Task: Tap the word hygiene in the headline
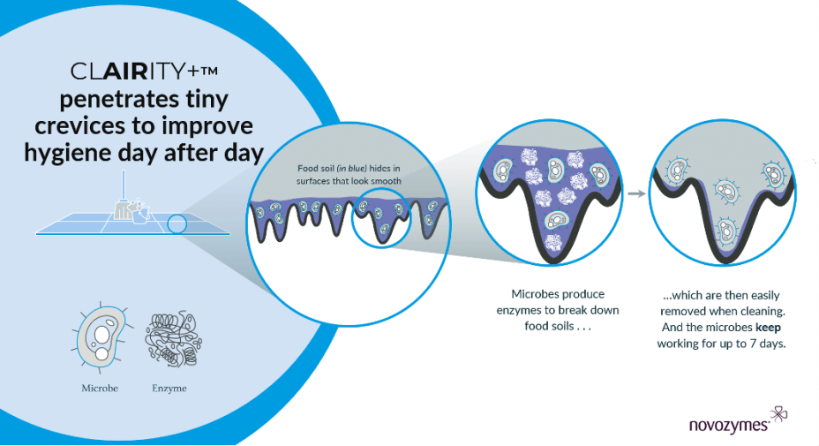tap(66, 154)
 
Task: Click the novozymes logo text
tap(729, 425)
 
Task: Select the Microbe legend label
tap(100, 388)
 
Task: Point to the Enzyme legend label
tap(169, 388)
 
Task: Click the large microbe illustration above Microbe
tap(101, 337)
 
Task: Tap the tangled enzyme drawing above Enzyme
tap(173, 338)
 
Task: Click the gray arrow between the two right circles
tap(636, 194)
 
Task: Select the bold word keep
tap(768, 328)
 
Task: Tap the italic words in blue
tap(352, 169)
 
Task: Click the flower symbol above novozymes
tap(778, 414)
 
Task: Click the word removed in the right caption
tap(681, 311)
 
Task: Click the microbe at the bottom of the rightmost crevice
tap(727, 230)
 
